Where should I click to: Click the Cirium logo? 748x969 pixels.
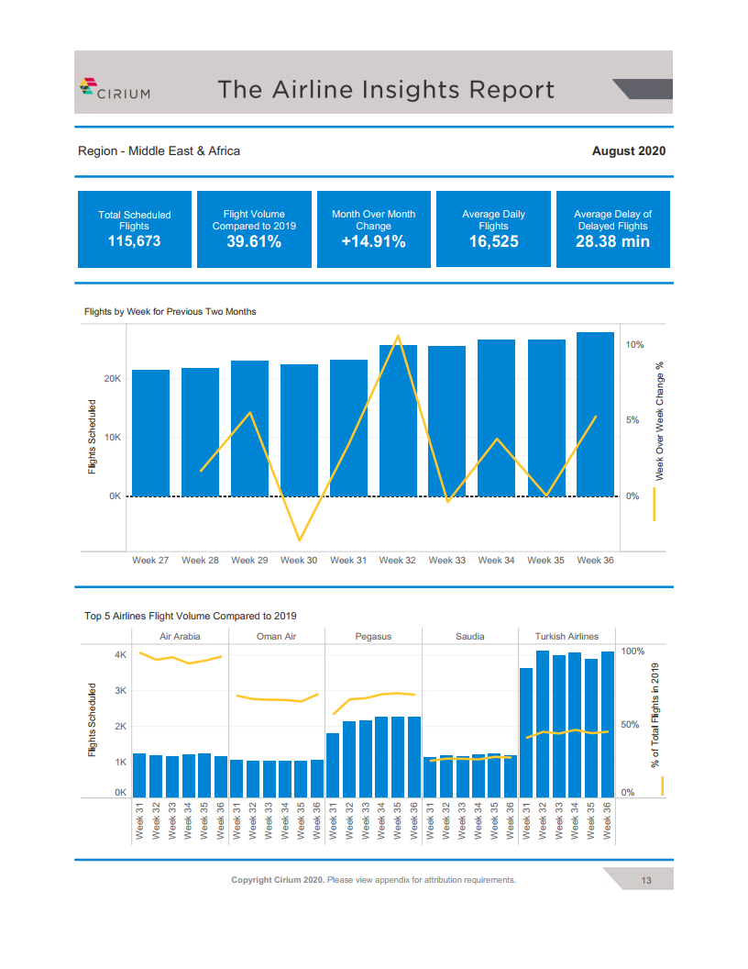[115, 89]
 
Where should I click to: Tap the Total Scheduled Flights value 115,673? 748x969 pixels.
[134, 241]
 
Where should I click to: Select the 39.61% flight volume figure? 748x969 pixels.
[254, 241]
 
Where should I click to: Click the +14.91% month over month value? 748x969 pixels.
[373, 241]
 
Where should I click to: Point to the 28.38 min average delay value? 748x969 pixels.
[612, 241]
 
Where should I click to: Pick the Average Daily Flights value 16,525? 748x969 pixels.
[493, 241]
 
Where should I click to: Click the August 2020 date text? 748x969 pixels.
[628, 150]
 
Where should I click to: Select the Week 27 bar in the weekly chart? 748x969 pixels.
[150, 432]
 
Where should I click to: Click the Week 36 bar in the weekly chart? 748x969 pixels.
[595, 414]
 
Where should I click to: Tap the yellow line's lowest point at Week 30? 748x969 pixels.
[300, 540]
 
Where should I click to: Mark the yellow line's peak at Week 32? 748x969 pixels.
[398, 336]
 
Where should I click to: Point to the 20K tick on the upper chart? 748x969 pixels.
[113, 378]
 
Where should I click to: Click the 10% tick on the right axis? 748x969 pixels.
[634, 345]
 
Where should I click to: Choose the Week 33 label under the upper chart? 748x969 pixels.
[446, 560]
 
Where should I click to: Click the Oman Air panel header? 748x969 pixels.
[277, 636]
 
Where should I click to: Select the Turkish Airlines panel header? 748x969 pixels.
[566, 636]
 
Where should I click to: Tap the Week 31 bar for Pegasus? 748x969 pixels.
[333, 765]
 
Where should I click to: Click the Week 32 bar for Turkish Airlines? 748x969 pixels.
[543, 724]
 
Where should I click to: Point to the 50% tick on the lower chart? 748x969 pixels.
[630, 724]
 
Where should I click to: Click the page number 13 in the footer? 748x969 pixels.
[646, 880]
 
